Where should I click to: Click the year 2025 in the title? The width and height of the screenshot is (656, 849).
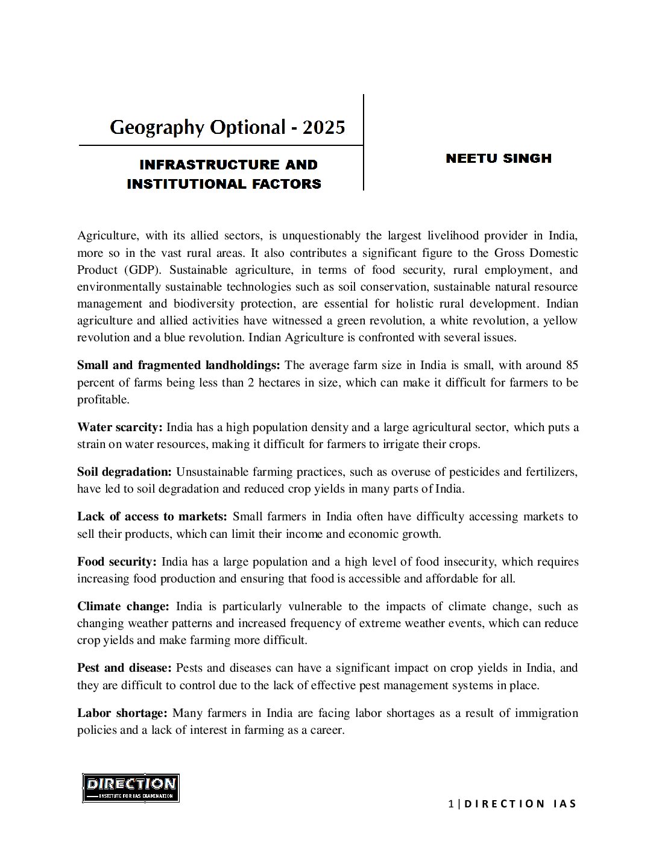(324, 127)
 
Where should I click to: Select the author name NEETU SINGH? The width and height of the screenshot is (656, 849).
(499, 159)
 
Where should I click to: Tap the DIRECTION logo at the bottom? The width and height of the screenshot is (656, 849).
(131, 787)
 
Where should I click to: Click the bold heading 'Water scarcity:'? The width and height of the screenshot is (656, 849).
(119, 428)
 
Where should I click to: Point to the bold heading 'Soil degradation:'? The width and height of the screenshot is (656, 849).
(124, 472)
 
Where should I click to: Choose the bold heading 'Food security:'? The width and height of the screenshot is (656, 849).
(116, 562)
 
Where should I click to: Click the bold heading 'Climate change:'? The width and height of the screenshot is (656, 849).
(123, 607)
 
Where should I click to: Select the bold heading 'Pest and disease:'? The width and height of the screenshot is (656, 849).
(124, 668)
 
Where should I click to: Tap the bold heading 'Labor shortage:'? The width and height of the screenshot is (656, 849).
(122, 713)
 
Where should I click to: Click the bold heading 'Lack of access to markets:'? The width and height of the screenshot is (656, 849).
(152, 517)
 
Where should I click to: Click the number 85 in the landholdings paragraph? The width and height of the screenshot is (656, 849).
(572, 365)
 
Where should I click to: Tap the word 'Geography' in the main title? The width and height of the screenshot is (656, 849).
(157, 128)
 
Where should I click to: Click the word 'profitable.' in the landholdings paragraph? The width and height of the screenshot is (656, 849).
(102, 400)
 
